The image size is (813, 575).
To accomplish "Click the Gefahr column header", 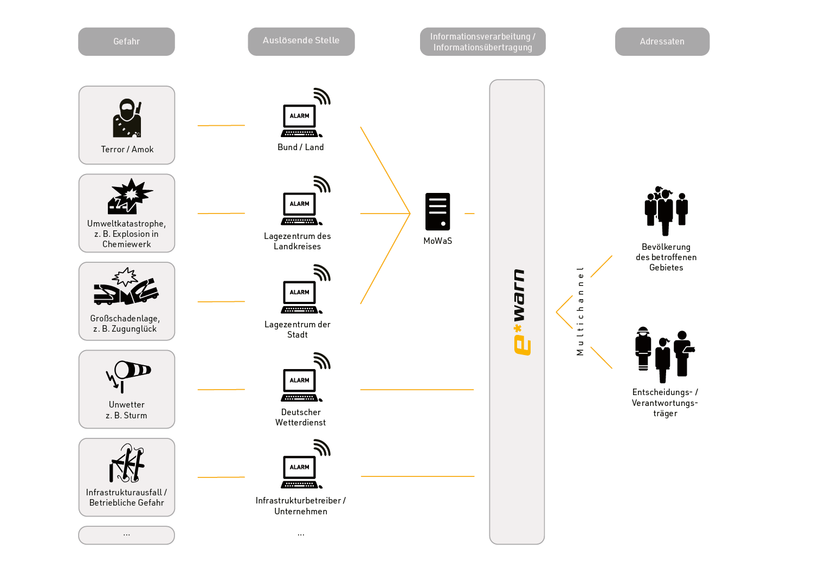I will coord(126,42).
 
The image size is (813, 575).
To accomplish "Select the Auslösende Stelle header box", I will coord(301,41).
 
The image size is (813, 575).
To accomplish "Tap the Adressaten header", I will coord(662,42).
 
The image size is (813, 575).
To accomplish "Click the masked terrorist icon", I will coord(127,118).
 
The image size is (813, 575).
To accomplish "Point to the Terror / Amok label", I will coord(127,150).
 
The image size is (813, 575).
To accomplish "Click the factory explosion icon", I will coord(130,196).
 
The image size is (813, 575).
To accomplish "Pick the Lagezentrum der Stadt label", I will coord(298,330).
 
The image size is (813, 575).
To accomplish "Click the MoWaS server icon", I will coord(438,212).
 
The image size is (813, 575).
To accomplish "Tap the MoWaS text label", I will coord(438,241).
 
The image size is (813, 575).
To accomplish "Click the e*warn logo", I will coord(519,312).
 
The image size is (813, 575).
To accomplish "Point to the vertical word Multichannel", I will coord(580,311).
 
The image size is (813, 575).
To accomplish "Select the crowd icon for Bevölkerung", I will coord(666,211).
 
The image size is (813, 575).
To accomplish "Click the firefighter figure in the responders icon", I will coord(643,348).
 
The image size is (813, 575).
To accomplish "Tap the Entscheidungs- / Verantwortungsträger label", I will coord(665,403).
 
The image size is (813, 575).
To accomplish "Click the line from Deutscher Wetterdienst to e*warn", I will coord(417,390).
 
